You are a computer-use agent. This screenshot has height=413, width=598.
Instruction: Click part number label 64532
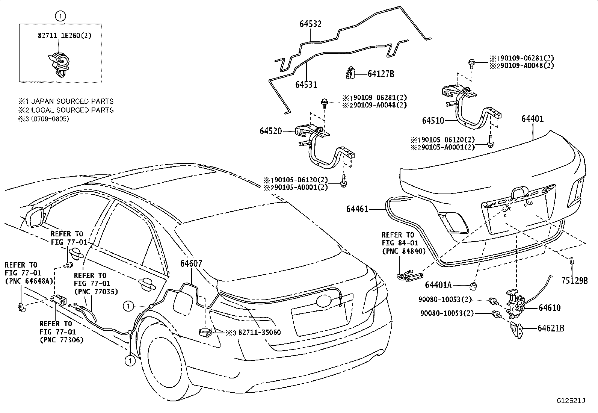click(310, 24)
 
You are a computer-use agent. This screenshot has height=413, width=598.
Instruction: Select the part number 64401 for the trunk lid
click(532, 119)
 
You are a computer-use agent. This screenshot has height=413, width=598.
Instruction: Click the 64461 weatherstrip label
click(357, 209)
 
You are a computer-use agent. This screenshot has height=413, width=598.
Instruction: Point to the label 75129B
click(575, 280)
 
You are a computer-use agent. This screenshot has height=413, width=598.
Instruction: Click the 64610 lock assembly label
click(549, 308)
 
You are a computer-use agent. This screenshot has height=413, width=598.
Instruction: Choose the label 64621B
click(551, 328)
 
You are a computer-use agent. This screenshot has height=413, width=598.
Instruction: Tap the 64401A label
click(438, 285)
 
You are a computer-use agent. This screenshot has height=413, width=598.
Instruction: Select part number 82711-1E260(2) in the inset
click(65, 36)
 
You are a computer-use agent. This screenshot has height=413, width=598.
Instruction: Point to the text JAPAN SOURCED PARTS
click(72, 101)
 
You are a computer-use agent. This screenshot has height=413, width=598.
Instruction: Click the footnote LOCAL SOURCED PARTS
click(72, 110)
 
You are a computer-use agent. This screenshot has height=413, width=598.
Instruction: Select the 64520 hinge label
click(270, 131)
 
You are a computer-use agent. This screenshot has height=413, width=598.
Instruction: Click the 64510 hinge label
click(433, 121)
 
